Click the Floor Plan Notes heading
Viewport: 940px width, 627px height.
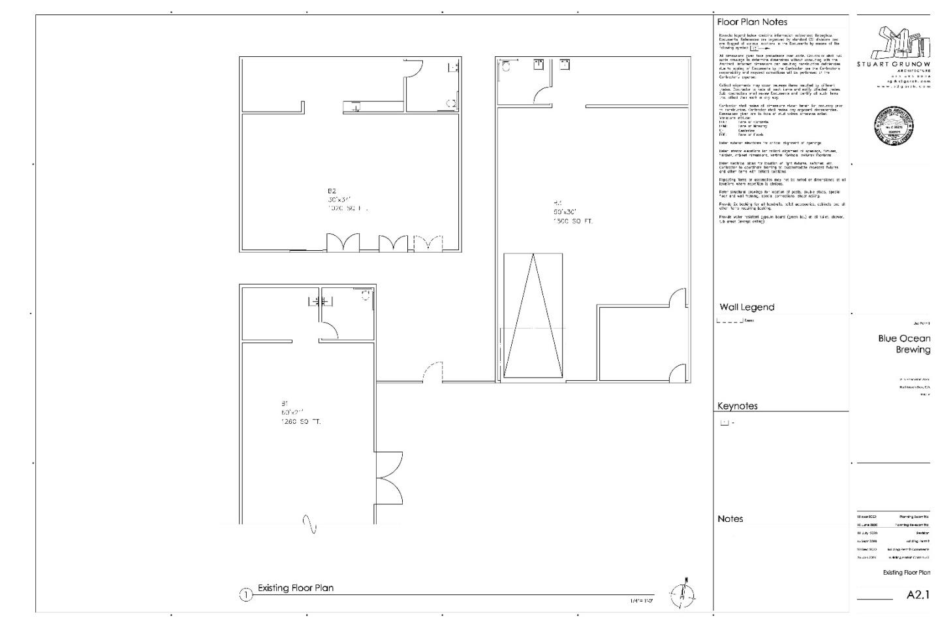coord(752,22)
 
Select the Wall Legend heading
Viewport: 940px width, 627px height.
coord(747,307)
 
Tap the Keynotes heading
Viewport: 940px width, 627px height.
coord(738,406)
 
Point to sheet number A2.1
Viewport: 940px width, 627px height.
coord(917,595)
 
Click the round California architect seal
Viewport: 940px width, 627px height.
coord(894,125)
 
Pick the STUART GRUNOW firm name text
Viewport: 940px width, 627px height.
coord(894,64)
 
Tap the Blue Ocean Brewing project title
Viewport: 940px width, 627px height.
coord(904,344)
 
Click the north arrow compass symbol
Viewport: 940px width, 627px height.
coord(683,593)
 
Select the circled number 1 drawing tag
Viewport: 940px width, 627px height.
coord(245,595)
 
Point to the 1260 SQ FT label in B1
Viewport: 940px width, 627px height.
coord(301,422)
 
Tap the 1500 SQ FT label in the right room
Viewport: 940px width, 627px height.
coord(573,221)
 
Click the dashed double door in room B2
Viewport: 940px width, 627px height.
coord(428,243)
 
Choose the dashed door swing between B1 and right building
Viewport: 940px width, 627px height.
coord(433,372)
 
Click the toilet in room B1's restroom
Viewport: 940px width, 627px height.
coord(366,295)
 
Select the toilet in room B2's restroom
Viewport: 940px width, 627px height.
coord(450,103)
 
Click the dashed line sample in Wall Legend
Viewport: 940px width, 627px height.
coord(730,321)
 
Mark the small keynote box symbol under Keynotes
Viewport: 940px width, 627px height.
coord(724,423)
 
